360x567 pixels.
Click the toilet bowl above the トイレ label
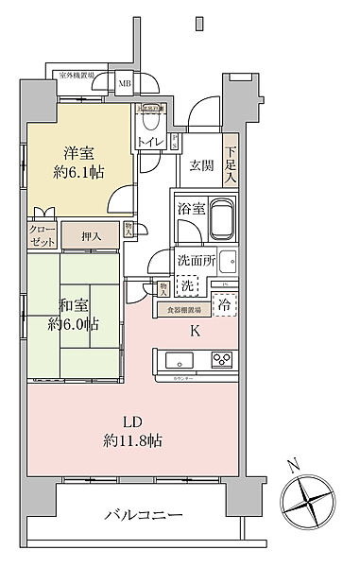coord(151,121)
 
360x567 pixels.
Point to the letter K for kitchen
coord(194,332)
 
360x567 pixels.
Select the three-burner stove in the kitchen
coord(222,360)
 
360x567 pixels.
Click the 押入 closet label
coord(90,237)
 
